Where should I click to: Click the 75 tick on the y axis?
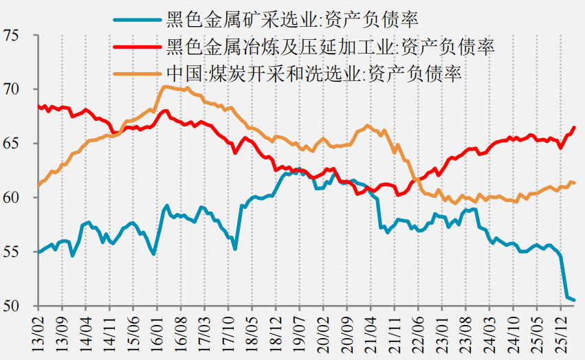point(10,36)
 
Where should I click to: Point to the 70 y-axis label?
point(10,89)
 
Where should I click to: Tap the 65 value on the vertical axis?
point(10,144)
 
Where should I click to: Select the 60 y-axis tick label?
point(10,198)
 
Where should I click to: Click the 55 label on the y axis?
point(10,252)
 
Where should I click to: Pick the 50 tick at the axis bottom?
point(10,306)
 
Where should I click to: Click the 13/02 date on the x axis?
point(38,334)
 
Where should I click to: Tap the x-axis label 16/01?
point(157,334)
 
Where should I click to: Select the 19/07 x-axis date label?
point(299,334)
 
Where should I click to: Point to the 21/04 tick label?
point(371,334)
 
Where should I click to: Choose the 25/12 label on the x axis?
point(560,334)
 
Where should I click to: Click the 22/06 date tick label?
point(418,334)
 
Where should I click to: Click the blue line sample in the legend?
point(137,19)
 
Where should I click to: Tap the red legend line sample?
point(137,47)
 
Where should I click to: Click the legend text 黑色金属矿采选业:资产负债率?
point(292,19)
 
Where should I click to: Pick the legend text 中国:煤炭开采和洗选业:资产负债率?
point(314,74)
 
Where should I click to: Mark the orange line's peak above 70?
point(164,87)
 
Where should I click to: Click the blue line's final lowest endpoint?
point(574,300)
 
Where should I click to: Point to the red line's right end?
point(574,128)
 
